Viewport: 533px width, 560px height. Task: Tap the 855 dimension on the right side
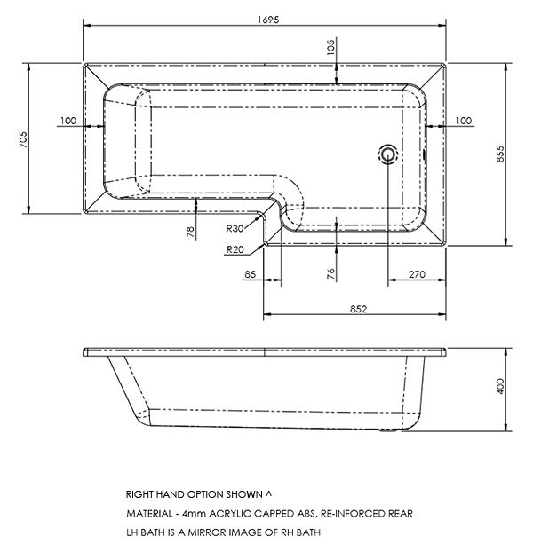click(x=502, y=153)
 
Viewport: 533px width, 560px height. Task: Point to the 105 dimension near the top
click(x=331, y=45)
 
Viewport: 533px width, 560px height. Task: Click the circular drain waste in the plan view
click(x=388, y=154)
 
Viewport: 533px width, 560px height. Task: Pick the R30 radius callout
click(x=235, y=228)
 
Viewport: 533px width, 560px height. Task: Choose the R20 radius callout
click(x=235, y=249)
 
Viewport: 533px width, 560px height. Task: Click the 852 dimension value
click(x=357, y=309)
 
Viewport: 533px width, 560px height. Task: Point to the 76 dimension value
click(x=330, y=273)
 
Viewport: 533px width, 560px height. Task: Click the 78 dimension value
click(x=191, y=233)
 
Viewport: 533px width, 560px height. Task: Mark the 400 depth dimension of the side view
click(x=502, y=386)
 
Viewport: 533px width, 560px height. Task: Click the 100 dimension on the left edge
click(x=68, y=120)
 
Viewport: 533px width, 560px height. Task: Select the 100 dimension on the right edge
click(x=463, y=120)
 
